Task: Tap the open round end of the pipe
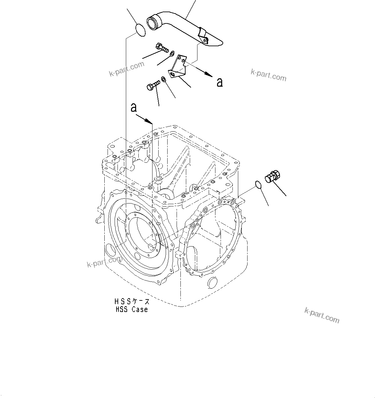pos(152,23)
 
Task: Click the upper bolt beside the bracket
pos(162,48)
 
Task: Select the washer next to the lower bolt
pos(164,79)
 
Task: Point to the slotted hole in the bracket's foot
pos(173,74)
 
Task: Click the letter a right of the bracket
pos(220,82)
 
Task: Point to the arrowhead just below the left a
pos(148,121)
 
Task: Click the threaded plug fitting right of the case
pos(273,177)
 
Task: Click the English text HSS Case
pos(132,310)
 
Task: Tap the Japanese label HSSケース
pos(132,302)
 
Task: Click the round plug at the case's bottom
pos(213,283)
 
